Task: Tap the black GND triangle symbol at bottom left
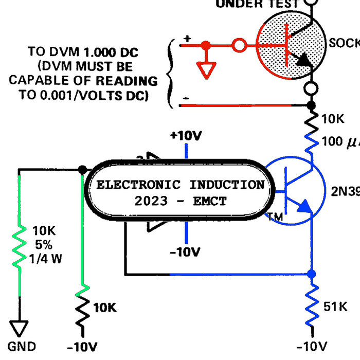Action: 19,328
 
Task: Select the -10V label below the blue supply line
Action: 185,252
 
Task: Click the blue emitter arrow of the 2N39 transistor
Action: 304,206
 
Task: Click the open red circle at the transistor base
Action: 239,45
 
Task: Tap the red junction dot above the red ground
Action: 206,45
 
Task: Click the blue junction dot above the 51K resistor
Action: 311,274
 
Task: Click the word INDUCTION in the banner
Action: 227,185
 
